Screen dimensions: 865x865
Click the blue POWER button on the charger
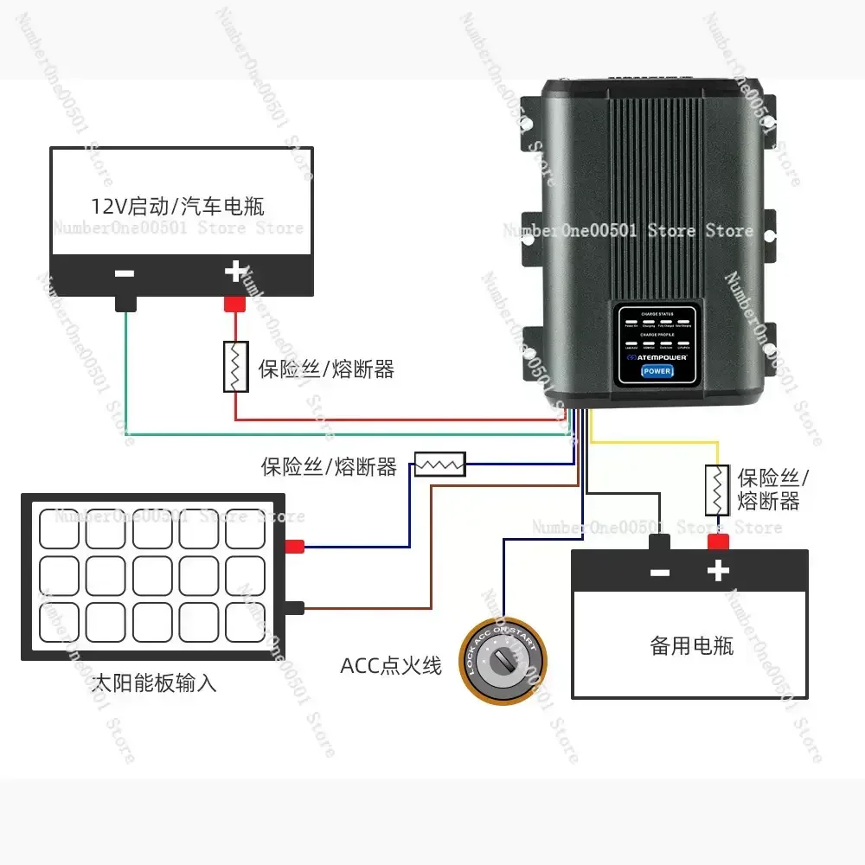[657, 371]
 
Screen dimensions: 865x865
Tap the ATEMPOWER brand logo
[656, 356]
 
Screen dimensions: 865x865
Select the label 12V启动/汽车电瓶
[178, 207]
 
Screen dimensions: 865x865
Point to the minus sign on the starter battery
[125, 273]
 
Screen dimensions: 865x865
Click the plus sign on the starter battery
[234, 272]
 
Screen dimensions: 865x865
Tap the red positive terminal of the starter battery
[235, 304]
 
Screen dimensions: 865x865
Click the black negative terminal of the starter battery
[126, 304]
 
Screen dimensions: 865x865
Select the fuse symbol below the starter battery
[236, 367]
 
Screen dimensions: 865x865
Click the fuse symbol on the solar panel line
[440, 465]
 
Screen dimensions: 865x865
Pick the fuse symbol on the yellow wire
[716, 490]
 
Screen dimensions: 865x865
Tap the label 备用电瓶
[691, 645]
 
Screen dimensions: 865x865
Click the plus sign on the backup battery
[718, 572]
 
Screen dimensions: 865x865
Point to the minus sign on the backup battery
[659, 573]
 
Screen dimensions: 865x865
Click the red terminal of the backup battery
[717, 542]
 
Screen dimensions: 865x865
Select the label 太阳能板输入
[154, 684]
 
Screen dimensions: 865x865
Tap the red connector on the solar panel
[295, 546]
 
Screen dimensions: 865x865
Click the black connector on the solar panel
[295, 607]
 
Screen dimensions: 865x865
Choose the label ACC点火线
[391, 665]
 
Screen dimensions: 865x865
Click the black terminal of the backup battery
[660, 542]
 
